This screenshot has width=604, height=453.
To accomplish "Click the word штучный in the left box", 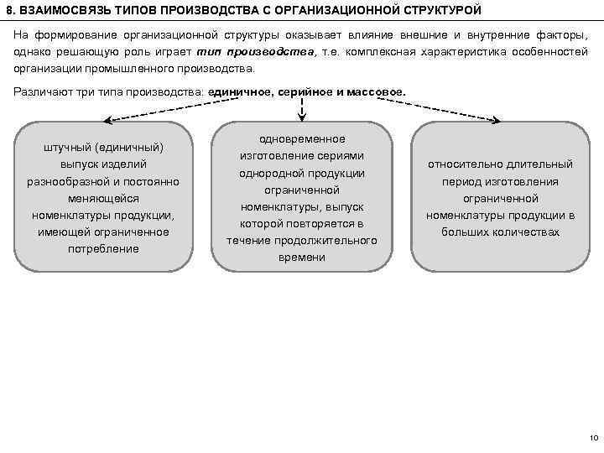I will click(x=68, y=148).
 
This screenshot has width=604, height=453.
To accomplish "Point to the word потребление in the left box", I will click(x=104, y=248).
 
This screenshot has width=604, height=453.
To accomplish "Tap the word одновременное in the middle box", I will click(x=302, y=138).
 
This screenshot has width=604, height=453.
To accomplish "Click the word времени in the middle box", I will click(x=302, y=257).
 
